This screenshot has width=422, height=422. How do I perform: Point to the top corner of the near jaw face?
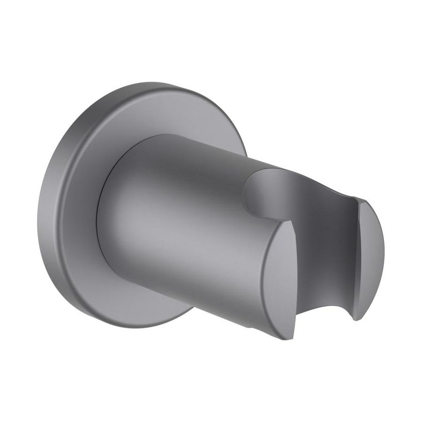pos(287,221)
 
